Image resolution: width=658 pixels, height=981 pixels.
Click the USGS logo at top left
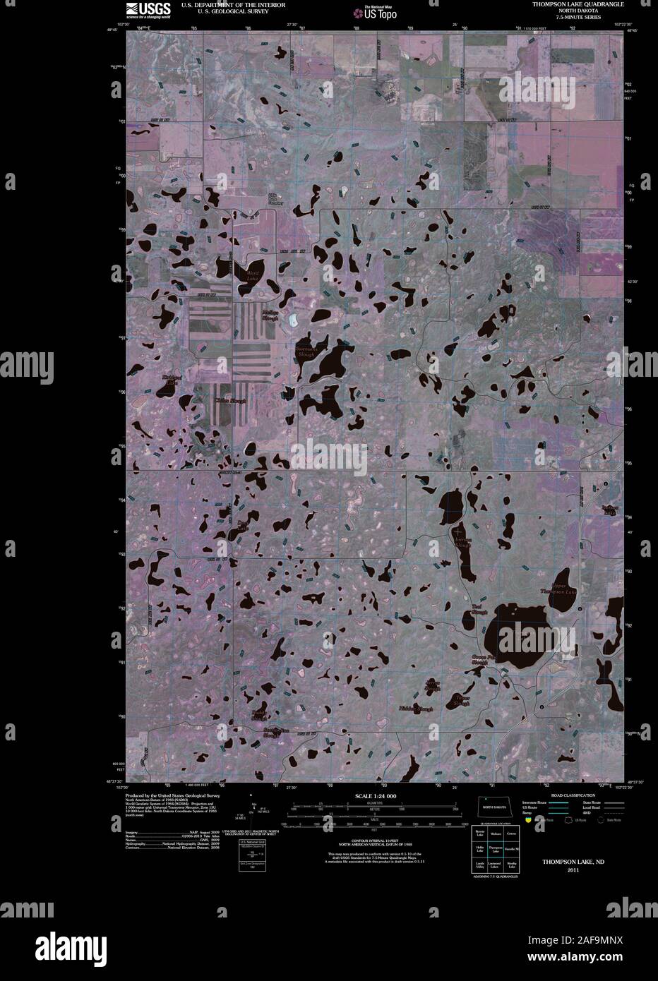[148, 9]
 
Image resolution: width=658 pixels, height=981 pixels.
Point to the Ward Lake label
[251, 273]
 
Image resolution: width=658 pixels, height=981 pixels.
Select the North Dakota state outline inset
[494, 806]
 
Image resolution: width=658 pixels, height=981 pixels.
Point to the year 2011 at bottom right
[573, 870]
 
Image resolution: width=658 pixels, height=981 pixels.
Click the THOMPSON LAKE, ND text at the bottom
[573, 862]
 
